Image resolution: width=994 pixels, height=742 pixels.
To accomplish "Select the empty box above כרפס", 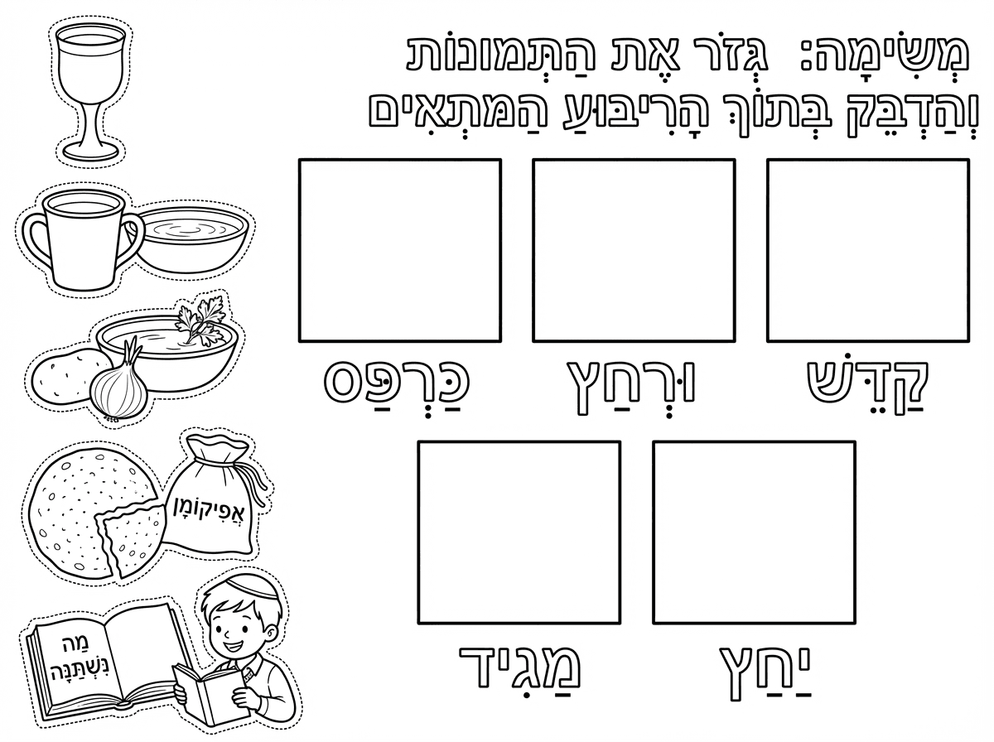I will [399, 250].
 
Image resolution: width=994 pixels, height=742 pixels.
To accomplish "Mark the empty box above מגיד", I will [519, 532].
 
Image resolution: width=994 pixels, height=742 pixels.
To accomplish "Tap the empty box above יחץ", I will [754, 532].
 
